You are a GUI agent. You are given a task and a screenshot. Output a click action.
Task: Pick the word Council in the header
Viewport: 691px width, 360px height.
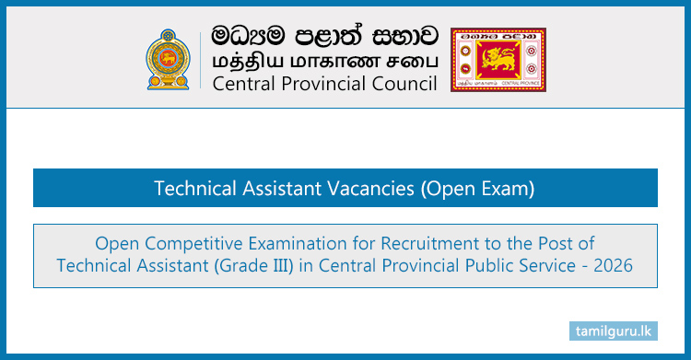(x=402, y=86)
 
